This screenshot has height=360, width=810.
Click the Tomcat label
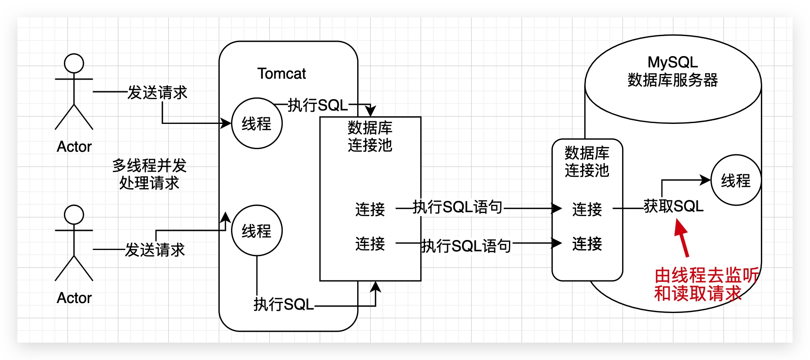click(x=281, y=73)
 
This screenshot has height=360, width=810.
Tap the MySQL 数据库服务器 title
click(x=673, y=71)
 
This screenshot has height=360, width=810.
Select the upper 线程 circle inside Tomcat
click(x=257, y=123)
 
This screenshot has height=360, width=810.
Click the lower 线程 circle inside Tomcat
click(x=257, y=230)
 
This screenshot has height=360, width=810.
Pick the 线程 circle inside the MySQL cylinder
click(x=736, y=180)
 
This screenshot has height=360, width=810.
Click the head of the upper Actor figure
click(x=74, y=63)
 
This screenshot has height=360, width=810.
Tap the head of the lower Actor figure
click(x=74, y=215)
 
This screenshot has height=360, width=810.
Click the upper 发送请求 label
click(x=157, y=92)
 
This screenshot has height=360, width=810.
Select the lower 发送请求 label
click(x=155, y=250)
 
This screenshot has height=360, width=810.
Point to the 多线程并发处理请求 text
click(x=149, y=174)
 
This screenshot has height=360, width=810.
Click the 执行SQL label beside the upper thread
click(x=318, y=105)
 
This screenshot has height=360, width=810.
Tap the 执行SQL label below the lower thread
click(x=284, y=304)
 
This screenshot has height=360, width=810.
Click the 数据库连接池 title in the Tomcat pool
click(x=370, y=136)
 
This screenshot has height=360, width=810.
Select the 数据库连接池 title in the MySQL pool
click(x=587, y=161)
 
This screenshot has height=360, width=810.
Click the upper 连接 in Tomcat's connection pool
click(x=370, y=209)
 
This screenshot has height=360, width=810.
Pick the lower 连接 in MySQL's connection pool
click(x=587, y=243)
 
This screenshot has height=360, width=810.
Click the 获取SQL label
click(x=673, y=206)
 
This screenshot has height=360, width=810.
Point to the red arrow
click(x=681, y=237)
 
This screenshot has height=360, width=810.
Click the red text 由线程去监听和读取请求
click(x=706, y=284)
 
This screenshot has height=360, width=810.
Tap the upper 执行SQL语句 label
click(x=458, y=207)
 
